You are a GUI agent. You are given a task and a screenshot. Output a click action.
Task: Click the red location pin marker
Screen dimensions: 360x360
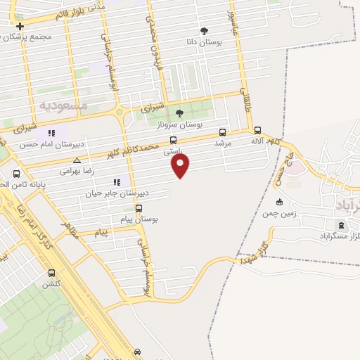[x=181, y=165]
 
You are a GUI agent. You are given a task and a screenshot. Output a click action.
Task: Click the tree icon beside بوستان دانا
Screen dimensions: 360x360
[x=205, y=31]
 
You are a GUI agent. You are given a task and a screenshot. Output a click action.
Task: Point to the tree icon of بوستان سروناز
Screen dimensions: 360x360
[x=179, y=112]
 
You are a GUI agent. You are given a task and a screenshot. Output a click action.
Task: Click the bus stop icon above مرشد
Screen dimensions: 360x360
[x=223, y=131]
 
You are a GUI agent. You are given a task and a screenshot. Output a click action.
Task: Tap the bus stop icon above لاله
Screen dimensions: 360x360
[x=257, y=130]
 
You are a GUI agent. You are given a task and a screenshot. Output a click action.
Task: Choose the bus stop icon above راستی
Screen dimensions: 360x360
[x=174, y=141]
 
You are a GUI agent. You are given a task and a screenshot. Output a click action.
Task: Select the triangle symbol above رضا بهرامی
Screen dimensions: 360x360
[x=77, y=160]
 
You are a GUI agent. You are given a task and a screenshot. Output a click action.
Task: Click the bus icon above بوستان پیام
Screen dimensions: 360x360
[x=139, y=208]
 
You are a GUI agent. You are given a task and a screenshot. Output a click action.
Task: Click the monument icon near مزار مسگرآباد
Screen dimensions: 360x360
[x=342, y=226]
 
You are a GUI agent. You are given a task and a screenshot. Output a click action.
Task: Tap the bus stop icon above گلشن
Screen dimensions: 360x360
[x=51, y=273]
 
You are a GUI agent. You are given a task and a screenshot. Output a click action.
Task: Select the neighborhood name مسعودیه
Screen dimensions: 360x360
[x=63, y=105]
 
